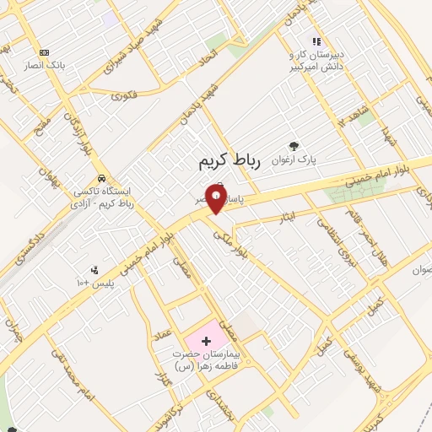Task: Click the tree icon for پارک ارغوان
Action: coord(294,146)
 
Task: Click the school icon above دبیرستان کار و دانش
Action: coord(316,41)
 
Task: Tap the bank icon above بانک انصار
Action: coord(44,52)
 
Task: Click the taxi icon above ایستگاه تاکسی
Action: coord(101,178)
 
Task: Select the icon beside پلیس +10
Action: coord(94,271)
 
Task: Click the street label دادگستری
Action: coord(19,252)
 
